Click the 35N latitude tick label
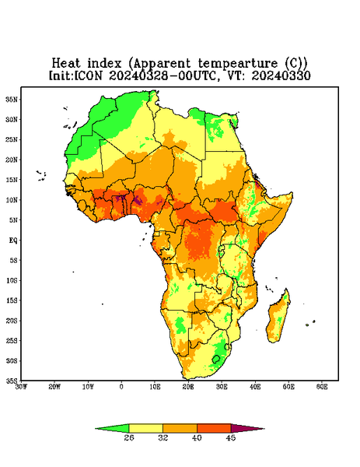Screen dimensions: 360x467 pos(12,99)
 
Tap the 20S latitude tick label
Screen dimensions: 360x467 pos(12,321)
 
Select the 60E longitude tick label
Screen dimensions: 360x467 pos(322,387)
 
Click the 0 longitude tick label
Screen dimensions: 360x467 pos(121,387)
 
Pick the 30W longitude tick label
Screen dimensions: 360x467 pos(21,387)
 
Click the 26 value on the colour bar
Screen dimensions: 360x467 pos(129,437)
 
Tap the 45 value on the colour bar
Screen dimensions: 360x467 pos(231,437)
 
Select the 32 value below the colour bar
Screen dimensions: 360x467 pos(163,437)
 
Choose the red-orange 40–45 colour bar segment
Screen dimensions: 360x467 pos(214,428)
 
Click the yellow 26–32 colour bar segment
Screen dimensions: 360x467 pos(145,428)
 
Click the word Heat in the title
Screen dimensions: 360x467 pos(66,64)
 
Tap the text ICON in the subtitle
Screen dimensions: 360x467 pos(88,75)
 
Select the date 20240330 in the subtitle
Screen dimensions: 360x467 pos(281,75)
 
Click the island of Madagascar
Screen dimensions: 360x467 pos(278,318)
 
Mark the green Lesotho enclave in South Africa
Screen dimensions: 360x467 pos(216,359)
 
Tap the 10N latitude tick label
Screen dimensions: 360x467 pos(12,200)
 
